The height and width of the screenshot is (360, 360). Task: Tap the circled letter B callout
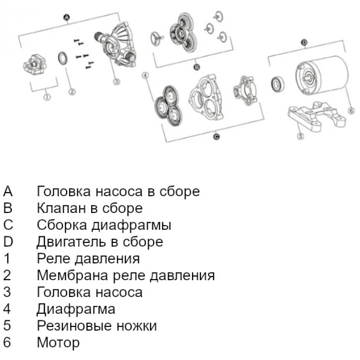[x=196, y=67]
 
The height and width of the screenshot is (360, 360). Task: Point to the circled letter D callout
[x=305, y=43]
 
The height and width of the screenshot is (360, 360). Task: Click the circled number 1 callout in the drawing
[x=47, y=95]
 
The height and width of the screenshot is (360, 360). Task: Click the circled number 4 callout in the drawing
[x=146, y=76]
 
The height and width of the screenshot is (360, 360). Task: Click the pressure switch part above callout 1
[x=36, y=64]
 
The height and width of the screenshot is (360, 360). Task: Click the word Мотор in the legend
[x=58, y=343]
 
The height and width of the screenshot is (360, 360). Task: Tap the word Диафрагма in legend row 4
[x=76, y=310]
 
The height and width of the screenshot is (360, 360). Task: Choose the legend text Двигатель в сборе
[x=100, y=242]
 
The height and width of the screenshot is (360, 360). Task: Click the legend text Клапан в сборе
[x=89, y=209]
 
